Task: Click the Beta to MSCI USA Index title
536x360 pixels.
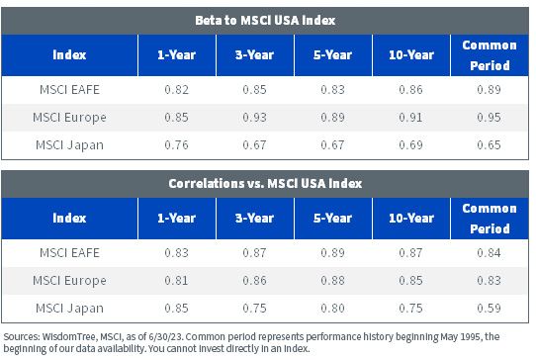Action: (x=265, y=20)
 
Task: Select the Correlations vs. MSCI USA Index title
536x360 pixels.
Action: (x=265, y=183)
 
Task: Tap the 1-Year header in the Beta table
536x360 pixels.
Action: (x=176, y=54)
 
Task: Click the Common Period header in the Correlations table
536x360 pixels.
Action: (x=490, y=219)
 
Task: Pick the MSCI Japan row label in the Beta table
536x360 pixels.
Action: (x=69, y=145)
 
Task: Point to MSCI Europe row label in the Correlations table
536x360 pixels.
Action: (x=69, y=280)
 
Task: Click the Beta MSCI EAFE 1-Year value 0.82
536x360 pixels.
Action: (x=176, y=90)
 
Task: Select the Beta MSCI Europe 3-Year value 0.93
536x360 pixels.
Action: (x=255, y=118)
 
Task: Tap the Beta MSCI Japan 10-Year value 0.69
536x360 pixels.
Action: (x=410, y=145)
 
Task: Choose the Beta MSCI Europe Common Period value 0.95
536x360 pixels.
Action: (x=489, y=118)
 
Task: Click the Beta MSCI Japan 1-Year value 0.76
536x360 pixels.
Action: (x=176, y=145)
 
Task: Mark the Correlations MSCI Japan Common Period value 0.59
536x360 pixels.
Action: (x=489, y=308)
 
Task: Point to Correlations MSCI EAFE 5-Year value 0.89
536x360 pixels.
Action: (x=332, y=252)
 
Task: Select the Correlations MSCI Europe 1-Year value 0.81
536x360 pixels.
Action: (x=176, y=280)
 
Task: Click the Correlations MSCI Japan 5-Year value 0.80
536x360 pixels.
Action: (x=332, y=308)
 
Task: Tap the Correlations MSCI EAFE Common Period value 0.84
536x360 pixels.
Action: (x=489, y=252)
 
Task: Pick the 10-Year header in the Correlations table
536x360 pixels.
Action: (x=411, y=219)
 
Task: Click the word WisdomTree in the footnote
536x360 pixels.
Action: (x=69, y=336)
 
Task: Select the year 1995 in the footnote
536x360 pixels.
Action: (x=471, y=336)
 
